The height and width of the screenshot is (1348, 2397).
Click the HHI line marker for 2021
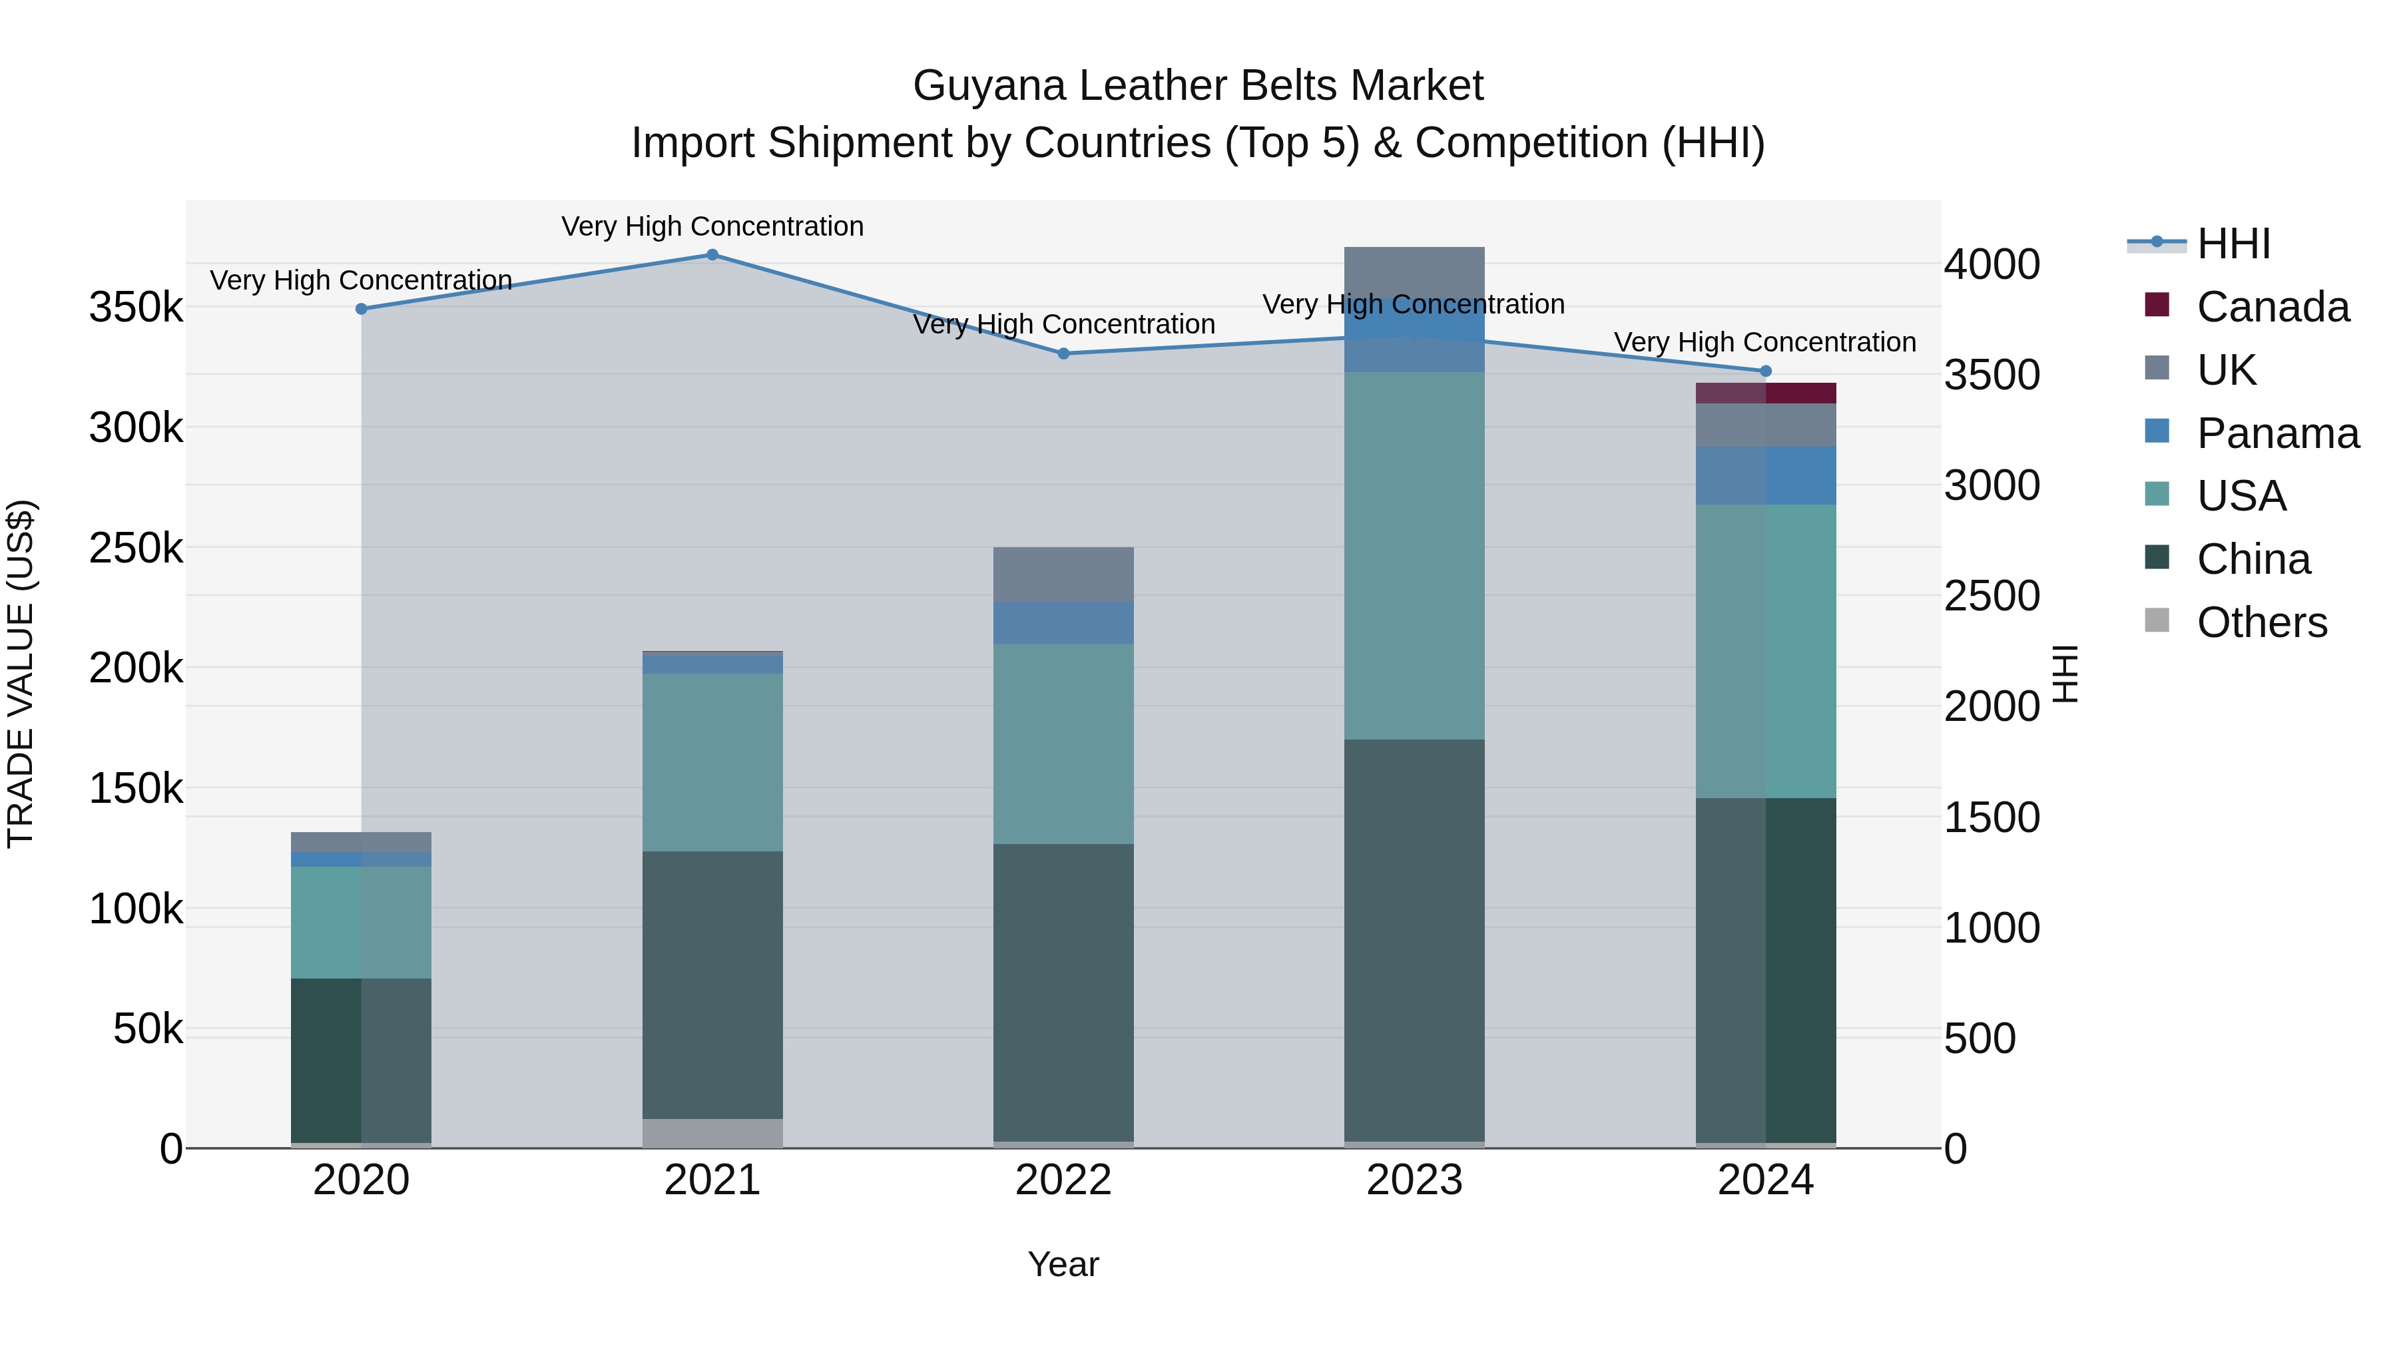712,255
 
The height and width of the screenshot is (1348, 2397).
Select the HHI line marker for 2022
1063,353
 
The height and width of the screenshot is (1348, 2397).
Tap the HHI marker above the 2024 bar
1765,371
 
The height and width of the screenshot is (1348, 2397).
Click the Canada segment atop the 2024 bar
1765,393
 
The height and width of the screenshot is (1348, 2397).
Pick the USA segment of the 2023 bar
1414,555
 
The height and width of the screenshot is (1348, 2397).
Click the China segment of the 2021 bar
712,985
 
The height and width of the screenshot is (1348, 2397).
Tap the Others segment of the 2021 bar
712,1132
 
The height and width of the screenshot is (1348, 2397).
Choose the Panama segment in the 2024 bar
1765,475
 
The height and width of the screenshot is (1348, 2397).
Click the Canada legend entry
2271,307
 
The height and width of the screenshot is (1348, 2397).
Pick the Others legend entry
2261,622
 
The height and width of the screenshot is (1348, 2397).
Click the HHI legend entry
2233,244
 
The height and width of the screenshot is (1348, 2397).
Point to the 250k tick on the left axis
136,548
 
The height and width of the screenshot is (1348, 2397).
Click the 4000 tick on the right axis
1992,264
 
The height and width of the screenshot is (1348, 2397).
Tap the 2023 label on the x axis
1414,1180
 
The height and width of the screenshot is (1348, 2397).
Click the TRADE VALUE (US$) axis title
21,674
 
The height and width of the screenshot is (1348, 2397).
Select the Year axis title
1063,1264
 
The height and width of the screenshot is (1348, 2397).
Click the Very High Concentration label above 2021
712,226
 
